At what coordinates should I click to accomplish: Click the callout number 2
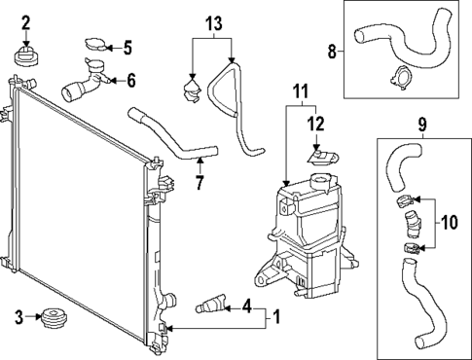click(x=26, y=21)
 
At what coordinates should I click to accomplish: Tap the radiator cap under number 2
click(x=26, y=55)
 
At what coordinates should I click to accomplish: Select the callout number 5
click(x=126, y=46)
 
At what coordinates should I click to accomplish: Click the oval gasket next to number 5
click(x=97, y=45)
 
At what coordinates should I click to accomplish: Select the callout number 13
click(x=213, y=22)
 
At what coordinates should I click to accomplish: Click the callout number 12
click(x=313, y=124)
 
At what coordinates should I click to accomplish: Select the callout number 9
click(x=422, y=124)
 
